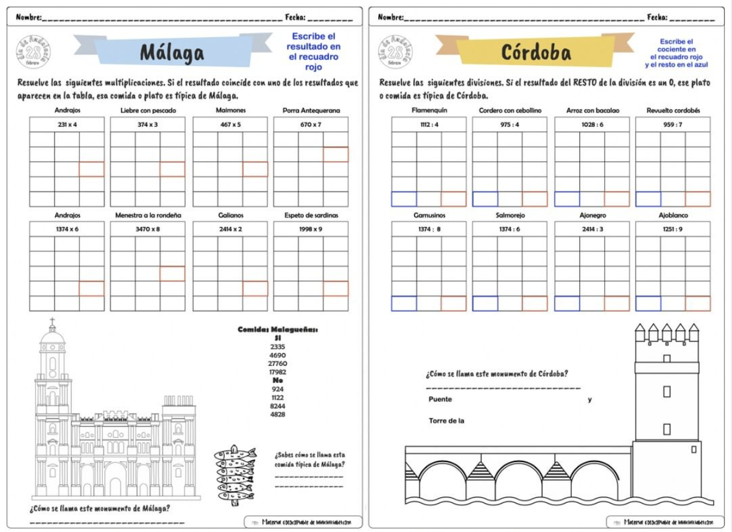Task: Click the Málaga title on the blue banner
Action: click(172, 52)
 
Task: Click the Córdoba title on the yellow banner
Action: click(536, 52)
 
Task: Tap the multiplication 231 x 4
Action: click(67, 124)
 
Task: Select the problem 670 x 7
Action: click(311, 124)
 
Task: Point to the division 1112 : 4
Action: click(429, 124)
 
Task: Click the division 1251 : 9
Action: click(673, 229)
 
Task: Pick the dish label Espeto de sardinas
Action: click(311, 215)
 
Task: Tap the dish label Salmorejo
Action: click(510, 215)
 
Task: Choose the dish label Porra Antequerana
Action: click(311, 111)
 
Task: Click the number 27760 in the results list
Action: click(277, 363)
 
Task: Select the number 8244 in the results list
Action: click(277, 406)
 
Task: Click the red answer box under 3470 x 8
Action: click(172, 274)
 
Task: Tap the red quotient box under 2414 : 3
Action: click(617, 303)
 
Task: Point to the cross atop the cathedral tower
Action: click(52, 321)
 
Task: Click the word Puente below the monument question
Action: click(440, 399)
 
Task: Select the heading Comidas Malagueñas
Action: click(277, 330)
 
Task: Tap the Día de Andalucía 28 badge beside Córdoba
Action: click(395, 52)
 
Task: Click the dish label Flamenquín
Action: click(429, 111)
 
